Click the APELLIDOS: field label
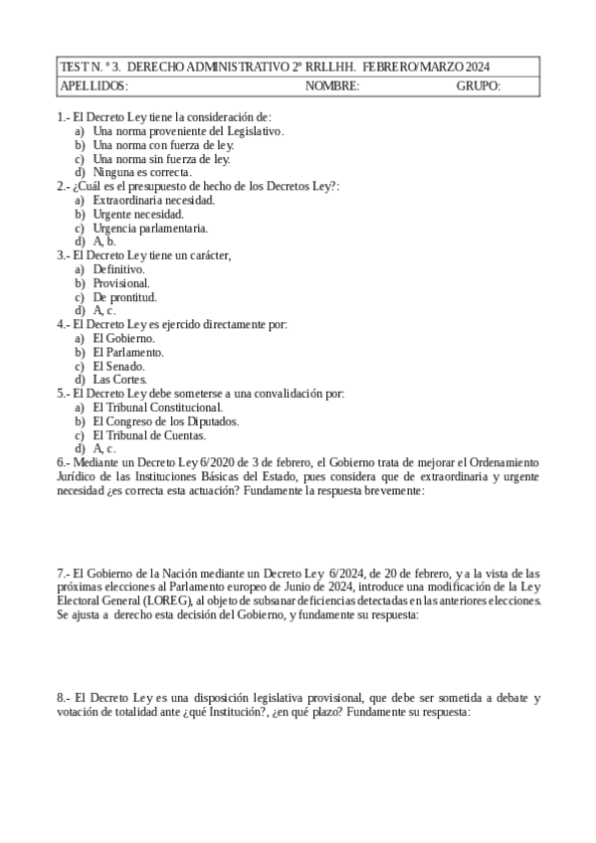pyautogui.click(x=94, y=86)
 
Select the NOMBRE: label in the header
pyautogui.click(x=332, y=86)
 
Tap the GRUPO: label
pyautogui.click(x=478, y=86)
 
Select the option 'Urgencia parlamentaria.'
pyautogui.click(x=150, y=227)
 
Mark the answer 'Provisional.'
pyautogui.click(x=121, y=282)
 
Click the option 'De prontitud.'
pyautogui.click(x=124, y=296)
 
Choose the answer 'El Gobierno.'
pyautogui.click(x=123, y=338)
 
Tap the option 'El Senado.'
pyautogui.click(x=120, y=365)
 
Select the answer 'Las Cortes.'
pyautogui.click(x=120, y=379)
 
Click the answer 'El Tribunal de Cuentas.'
pyautogui.click(x=149, y=434)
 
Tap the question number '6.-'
pyautogui.click(x=65, y=462)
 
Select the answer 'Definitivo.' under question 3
pyautogui.click(x=119, y=268)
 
